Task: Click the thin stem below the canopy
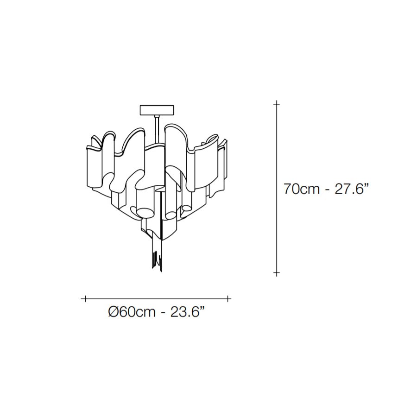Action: pyautogui.click(x=157, y=130)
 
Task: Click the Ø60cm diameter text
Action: pyautogui.click(x=132, y=312)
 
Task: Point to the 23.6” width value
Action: pyautogui.click(x=188, y=311)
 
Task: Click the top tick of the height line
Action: pyautogui.click(x=277, y=104)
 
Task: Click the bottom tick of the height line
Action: pyautogui.click(x=277, y=272)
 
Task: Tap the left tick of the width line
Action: pyautogui.click(x=85, y=299)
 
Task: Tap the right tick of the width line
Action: pyautogui.click(x=228, y=299)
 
